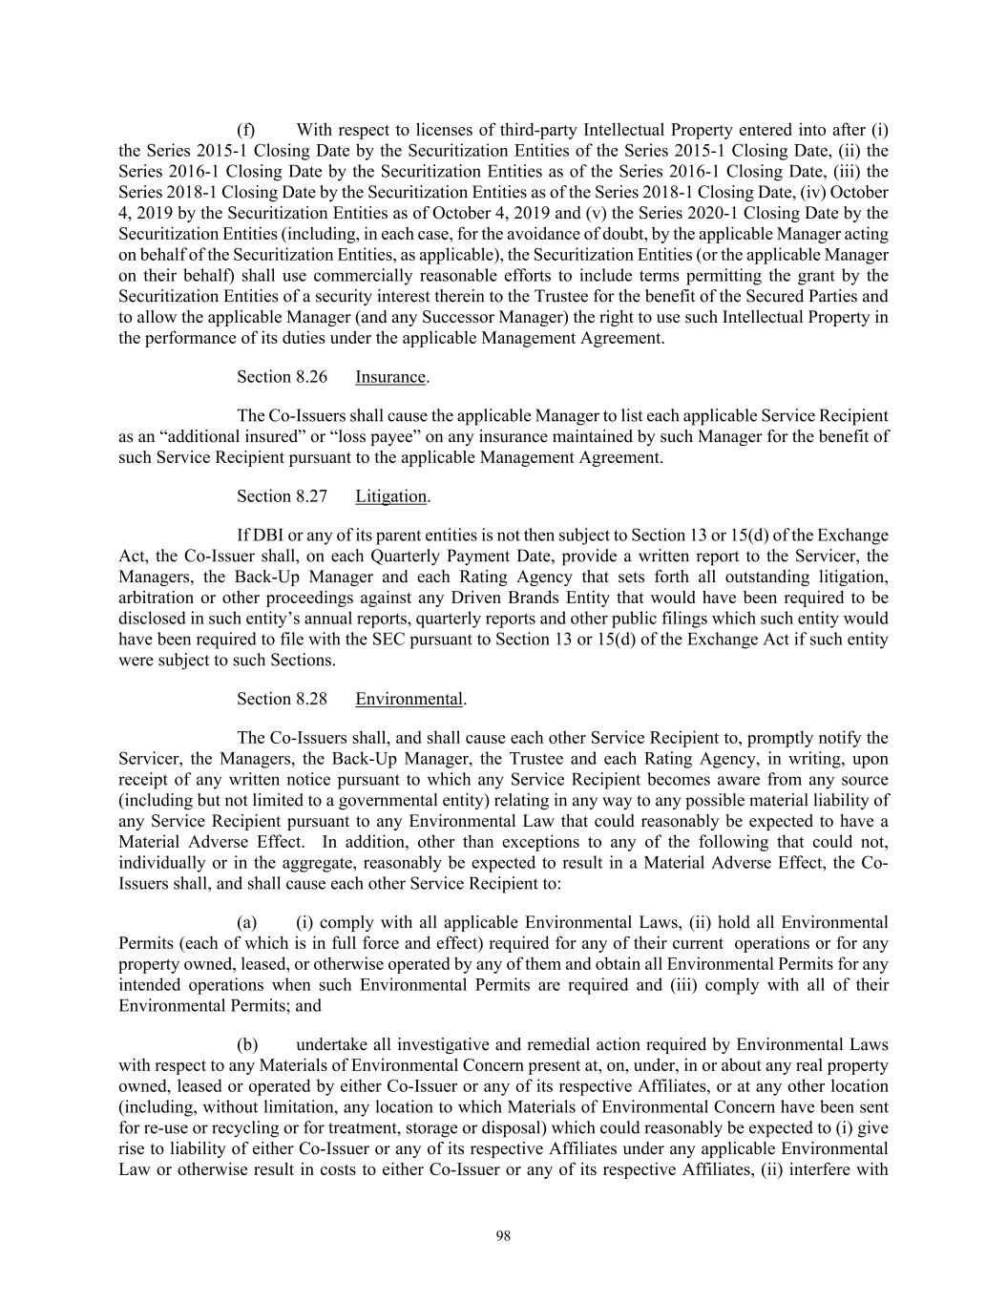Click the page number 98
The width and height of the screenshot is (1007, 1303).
pos(504,1236)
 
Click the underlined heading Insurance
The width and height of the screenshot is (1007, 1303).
pos(390,377)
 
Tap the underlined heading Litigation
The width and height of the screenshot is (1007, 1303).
pos(390,496)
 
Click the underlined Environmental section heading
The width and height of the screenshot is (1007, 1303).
pos(409,700)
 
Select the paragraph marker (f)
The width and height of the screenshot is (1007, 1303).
pos(246,130)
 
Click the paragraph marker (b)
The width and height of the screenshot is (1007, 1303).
pos(246,1044)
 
